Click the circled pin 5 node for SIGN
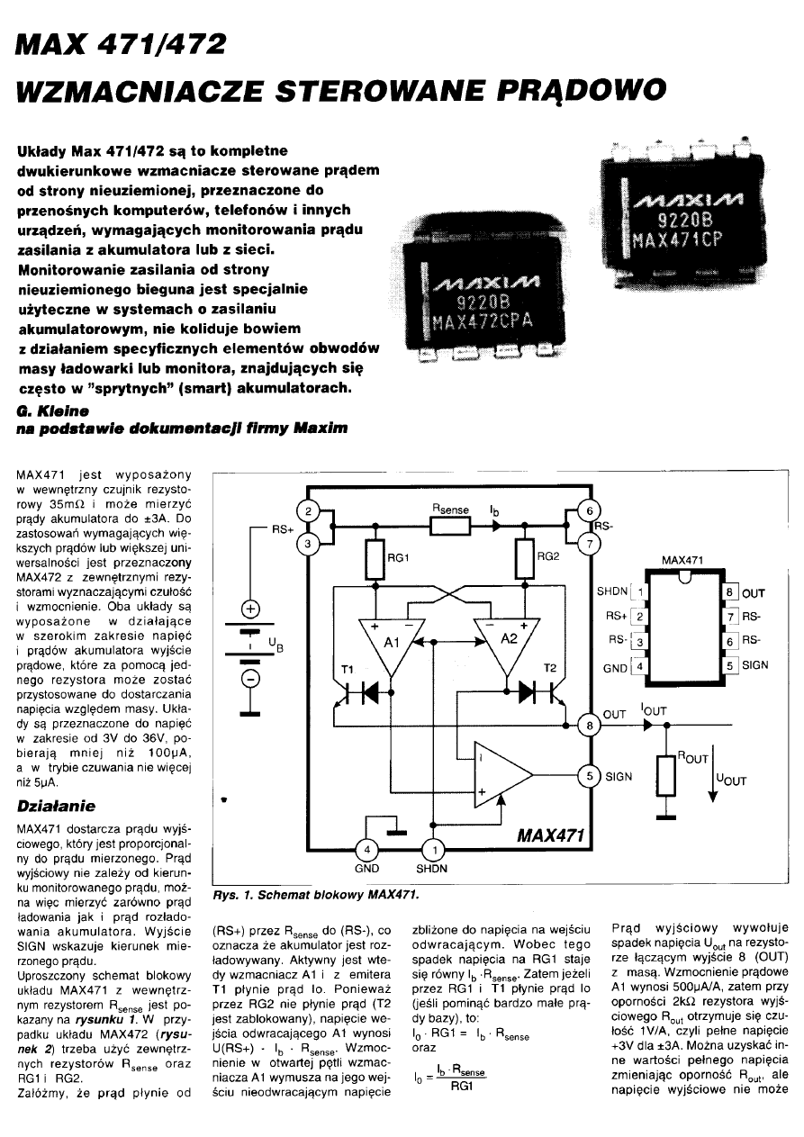click(x=589, y=776)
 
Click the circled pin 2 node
click(x=309, y=512)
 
